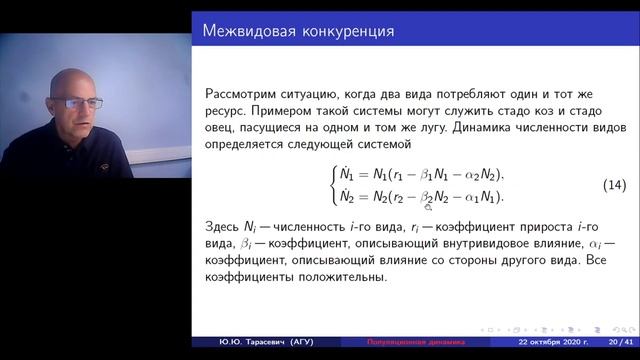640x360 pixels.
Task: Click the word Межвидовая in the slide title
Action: pyautogui.click(x=248, y=30)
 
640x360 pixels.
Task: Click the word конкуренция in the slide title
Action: pyautogui.click(x=345, y=30)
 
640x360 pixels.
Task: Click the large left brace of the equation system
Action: pyautogui.click(x=335, y=186)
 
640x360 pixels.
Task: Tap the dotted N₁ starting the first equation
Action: pyautogui.click(x=351, y=176)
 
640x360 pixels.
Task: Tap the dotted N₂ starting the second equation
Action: pyautogui.click(x=351, y=197)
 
